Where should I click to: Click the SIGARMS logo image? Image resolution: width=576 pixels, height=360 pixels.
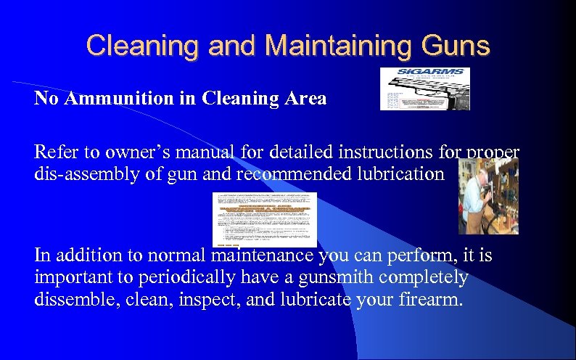tap(424, 89)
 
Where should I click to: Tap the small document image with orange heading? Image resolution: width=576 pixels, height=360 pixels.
tap(264, 219)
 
